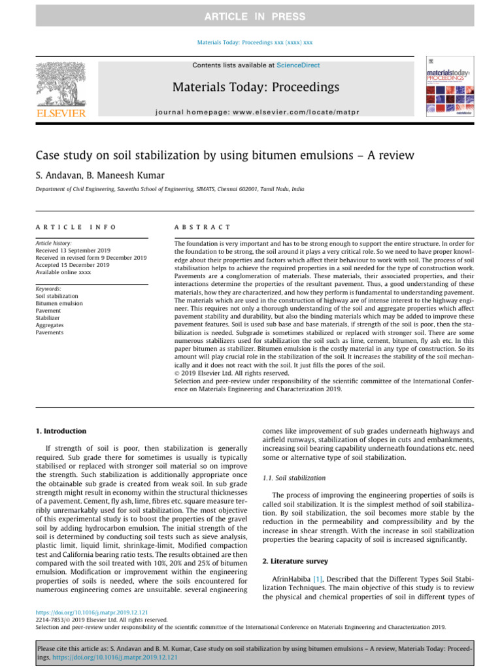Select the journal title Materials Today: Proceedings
[255, 88]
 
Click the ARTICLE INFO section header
[76, 226]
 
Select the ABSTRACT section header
[202, 226]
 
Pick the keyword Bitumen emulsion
[59, 304]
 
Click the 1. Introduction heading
[59, 431]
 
